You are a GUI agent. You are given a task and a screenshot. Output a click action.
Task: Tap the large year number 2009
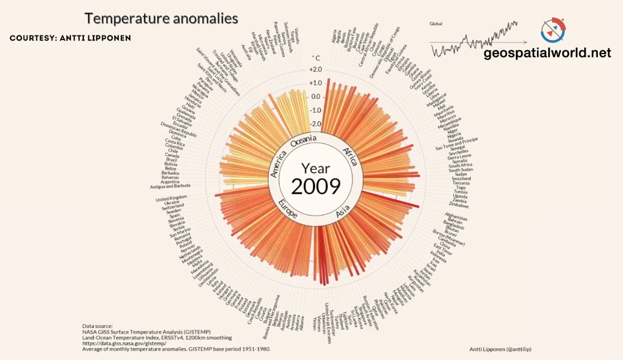tap(316, 186)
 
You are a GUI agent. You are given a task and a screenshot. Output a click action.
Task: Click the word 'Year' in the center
tap(315, 169)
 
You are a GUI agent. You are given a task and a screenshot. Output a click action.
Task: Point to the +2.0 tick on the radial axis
tap(315, 70)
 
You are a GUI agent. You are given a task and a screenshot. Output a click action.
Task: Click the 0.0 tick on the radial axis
tap(315, 97)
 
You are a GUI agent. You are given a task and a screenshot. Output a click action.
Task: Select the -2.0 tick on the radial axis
tap(315, 124)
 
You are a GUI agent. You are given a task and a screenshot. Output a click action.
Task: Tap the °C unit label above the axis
tap(316, 58)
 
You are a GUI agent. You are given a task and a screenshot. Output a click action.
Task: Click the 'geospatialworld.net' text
tap(547, 54)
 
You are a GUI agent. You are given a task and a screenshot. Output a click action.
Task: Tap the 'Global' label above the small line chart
tap(437, 24)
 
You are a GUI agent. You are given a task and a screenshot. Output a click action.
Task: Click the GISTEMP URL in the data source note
tap(123, 343)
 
